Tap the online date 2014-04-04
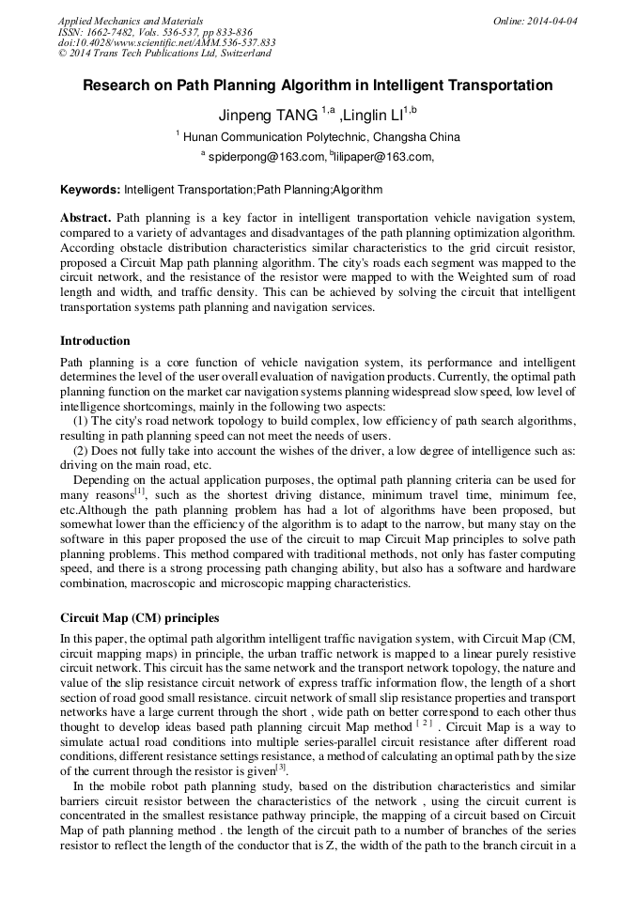(552, 21)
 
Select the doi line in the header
(166, 43)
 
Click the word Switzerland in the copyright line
(241, 54)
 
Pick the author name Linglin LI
(373, 116)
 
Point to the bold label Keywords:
(90, 190)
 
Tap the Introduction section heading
(95, 341)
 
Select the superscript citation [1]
(140, 490)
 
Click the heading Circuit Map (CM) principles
(139, 618)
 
